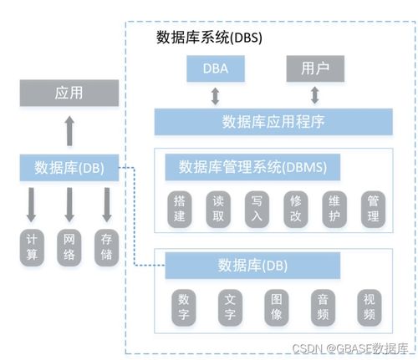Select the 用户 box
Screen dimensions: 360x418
coord(314,67)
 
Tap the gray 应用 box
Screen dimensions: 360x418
coord(69,93)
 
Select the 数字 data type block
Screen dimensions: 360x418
coord(185,307)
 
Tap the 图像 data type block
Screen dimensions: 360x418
coord(277,307)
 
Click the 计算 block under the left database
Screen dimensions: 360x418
coord(32,247)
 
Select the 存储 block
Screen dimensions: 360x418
coord(106,247)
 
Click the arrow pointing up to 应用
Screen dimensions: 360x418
coord(69,129)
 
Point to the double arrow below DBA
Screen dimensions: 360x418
coord(215,94)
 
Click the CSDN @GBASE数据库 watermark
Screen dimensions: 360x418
coord(346,347)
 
